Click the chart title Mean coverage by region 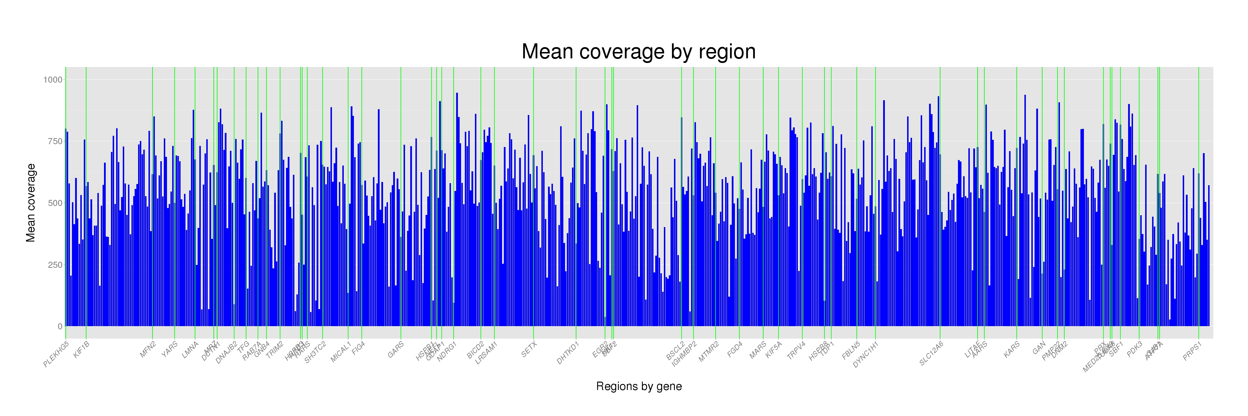[x=638, y=52]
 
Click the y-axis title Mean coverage [x=31, y=203]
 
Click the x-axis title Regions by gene [x=638, y=387]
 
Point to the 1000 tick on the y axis [x=53, y=79]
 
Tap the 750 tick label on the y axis [x=54, y=141]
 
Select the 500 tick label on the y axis [x=54, y=203]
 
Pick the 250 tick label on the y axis [x=54, y=265]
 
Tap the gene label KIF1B [x=81, y=350]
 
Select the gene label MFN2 [x=148, y=349]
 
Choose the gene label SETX [x=529, y=349]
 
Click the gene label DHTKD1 [x=568, y=353]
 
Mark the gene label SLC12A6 [x=931, y=354]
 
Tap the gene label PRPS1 [x=1192, y=351]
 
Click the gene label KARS [x=1012, y=350]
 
